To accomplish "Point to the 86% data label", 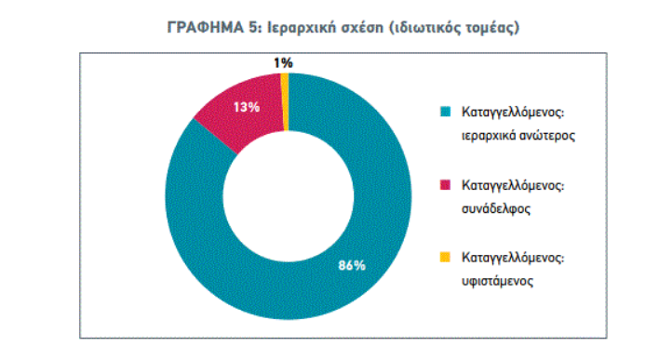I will tap(351, 266).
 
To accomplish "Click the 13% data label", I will tap(246, 108).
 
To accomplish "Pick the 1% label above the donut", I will tap(283, 62).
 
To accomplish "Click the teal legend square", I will tap(445, 112).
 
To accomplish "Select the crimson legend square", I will tap(445, 184).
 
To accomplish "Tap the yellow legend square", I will tap(445, 257).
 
